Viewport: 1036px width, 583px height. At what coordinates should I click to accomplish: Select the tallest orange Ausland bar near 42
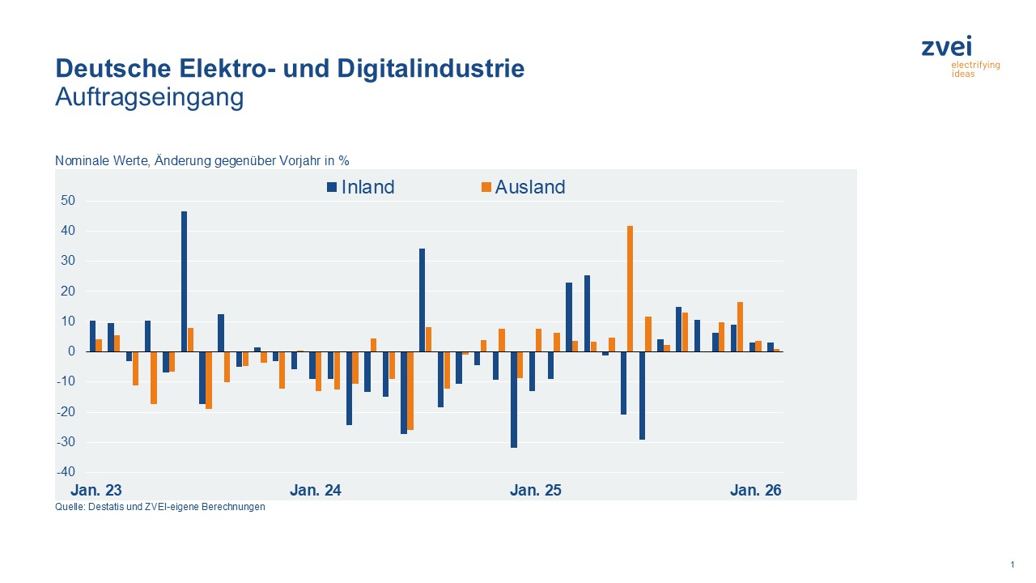click(x=630, y=288)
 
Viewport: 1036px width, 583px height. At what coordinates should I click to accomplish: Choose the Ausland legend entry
click(x=523, y=187)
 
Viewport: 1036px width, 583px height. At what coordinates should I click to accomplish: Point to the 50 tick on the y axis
click(x=68, y=201)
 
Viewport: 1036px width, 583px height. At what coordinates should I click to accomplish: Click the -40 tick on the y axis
click(x=66, y=472)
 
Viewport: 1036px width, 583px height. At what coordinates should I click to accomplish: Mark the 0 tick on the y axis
click(x=72, y=351)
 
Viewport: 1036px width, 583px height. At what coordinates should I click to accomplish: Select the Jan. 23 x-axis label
click(x=96, y=491)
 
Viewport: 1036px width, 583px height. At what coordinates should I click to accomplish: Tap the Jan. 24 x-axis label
click(x=315, y=491)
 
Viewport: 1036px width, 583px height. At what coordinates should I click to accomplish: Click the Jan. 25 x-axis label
click(x=535, y=491)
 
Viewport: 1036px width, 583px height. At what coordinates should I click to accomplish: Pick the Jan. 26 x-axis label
click(x=755, y=491)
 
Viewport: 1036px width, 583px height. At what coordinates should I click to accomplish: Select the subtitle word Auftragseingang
click(x=149, y=97)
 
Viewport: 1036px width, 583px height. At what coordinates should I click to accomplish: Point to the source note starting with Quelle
click(x=159, y=508)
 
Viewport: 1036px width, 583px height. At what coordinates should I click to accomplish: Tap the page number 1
click(x=1013, y=564)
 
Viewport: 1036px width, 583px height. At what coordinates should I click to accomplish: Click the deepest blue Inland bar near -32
click(x=514, y=399)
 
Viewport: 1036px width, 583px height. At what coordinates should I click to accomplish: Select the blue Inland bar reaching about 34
click(x=422, y=300)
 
